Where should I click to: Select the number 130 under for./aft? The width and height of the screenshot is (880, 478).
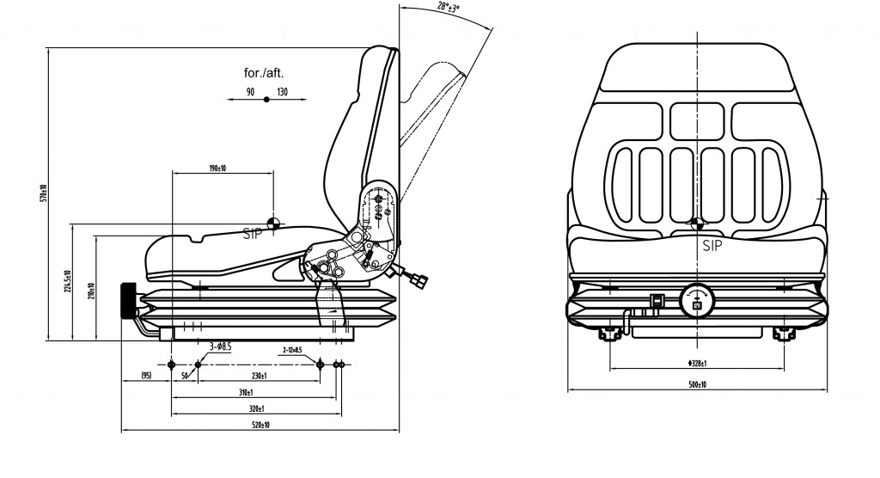[282, 91]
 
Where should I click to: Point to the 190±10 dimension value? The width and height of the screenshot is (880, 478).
[217, 167]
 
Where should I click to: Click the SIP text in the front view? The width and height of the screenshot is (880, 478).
[712, 246]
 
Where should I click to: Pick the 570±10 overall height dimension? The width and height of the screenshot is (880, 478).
[42, 194]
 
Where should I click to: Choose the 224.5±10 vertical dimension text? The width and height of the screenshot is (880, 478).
[67, 282]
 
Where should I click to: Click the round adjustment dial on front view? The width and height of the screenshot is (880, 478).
[695, 301]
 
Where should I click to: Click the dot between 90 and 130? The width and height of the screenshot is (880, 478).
[266, 101]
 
